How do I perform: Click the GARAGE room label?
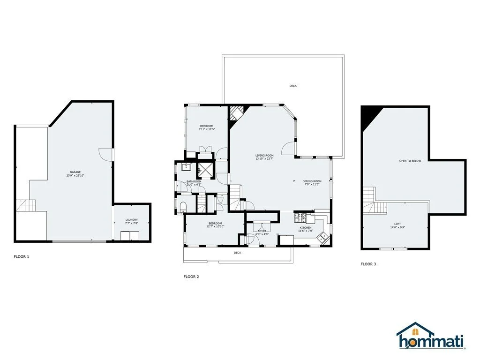tap(75, 172)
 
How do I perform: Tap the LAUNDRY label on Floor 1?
tap(132, 220)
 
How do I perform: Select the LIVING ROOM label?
tap(264, 156)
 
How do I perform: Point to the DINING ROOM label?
tap(312, 181)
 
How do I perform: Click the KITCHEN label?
tap(306, 228)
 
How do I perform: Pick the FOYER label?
tap(262, 231)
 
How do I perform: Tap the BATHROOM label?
tap(194, 181)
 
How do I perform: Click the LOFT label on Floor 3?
tap(397, 224)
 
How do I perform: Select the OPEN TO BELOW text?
tap(410, 161)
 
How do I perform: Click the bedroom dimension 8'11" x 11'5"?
tap(207, 129)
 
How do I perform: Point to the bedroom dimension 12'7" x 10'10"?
tap(215, 226)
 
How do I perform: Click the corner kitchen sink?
tap(323, 237)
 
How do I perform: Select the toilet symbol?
tap(183, 207)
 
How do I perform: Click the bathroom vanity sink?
tap(186, 167)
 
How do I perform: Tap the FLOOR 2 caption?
tap(191, 277)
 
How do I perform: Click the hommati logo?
tap(431, 335)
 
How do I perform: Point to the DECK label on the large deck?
tap(293, 86)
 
